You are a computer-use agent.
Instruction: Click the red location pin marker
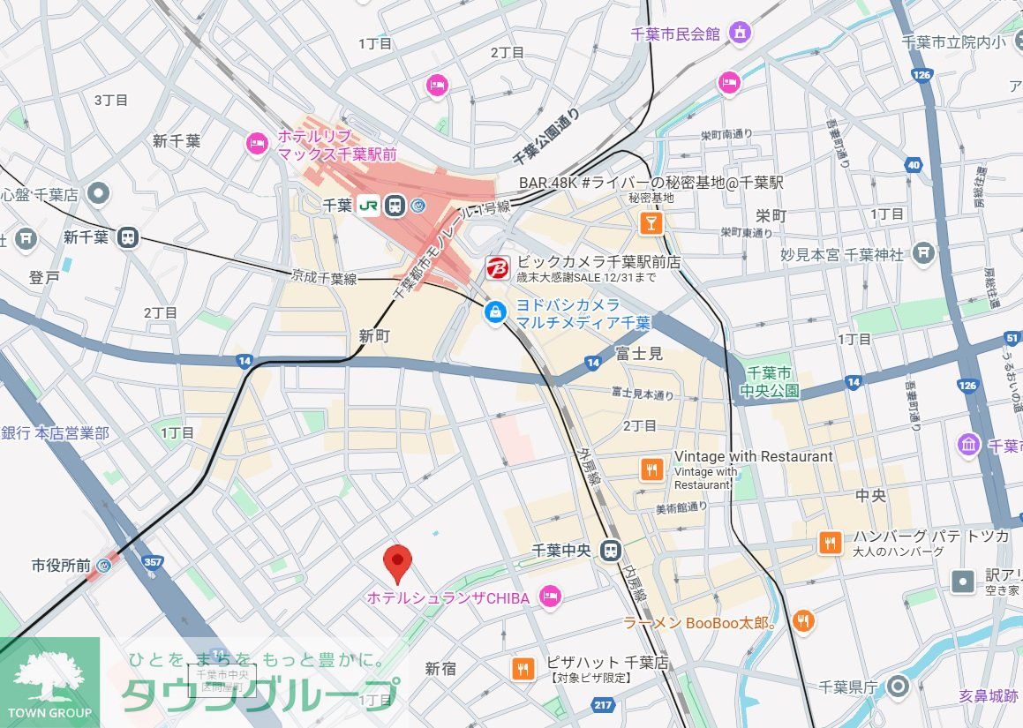coord(398,561)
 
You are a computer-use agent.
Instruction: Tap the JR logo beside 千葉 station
coord(368,205)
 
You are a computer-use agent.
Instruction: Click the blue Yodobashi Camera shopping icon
coord(496,311)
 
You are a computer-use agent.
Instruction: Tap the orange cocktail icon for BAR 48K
coord(651,223)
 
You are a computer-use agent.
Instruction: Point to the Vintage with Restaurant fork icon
coord(651,469)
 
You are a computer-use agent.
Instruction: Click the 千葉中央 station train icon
coord(609,551)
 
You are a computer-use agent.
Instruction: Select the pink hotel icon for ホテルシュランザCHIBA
coord(550,598)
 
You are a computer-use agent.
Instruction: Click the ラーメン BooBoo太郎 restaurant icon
coord(802,622)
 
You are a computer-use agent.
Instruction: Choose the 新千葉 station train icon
coord(129,236)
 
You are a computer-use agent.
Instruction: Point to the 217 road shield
coord(604,704)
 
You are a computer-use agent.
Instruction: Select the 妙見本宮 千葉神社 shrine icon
coord(923,254)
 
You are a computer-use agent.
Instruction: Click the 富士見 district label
coord(638,355)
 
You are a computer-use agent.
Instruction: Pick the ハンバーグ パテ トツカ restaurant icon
coord(829,543)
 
